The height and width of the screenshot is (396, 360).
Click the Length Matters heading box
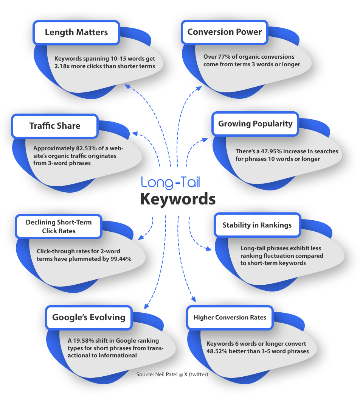tap(76, 32)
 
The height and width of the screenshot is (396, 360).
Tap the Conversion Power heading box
tap(225, 32)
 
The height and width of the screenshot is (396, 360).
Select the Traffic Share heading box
tap(55, 126)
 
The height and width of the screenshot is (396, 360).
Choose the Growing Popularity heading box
tap(255, 124)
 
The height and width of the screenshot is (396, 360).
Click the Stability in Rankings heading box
tap(257, 225)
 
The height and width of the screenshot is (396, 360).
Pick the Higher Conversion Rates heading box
tap(230, 317)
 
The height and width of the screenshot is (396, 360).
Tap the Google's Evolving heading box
tap(88, 317)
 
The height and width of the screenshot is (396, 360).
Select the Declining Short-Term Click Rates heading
tap(59, 226)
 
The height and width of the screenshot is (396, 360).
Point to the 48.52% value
tap(219, 351)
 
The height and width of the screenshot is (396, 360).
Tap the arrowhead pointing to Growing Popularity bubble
tap(205, 139)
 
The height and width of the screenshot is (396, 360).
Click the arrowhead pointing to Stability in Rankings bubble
tap(208, 248)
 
